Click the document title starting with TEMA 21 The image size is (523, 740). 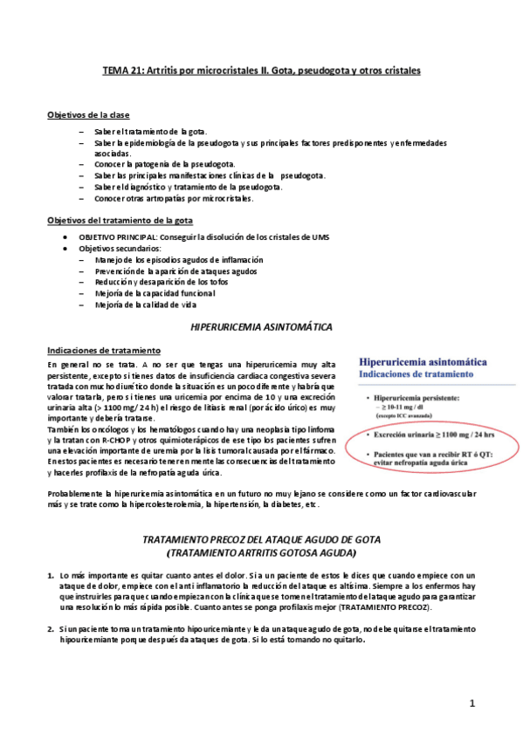pyautogui.click(x=261, y=70)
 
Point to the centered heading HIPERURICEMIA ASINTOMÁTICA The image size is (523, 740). pyautogui.click(x=261, y=326)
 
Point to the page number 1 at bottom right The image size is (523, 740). pyautogui.click(x=471, y=703)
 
